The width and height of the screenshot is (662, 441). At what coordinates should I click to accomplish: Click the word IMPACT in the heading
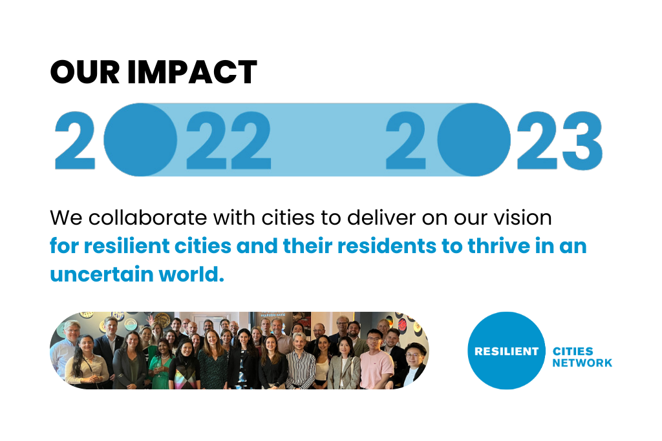(x=192, y=72)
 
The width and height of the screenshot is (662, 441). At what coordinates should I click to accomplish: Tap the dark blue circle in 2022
(x=140, y=139)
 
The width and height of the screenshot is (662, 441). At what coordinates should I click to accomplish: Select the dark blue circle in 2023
(x=474, y=139)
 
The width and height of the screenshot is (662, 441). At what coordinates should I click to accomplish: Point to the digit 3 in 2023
(x=582, y=140)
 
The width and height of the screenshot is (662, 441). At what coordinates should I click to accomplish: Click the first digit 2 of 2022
(x=75, y=140)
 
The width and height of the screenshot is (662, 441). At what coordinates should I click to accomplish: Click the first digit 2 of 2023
(x=405, y=140)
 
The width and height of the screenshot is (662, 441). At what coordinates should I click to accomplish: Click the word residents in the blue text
(x=387, y=246)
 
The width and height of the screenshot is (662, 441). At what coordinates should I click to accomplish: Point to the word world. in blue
(x=191, y=274)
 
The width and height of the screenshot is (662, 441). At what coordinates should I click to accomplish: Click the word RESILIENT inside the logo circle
(x=506, y=351)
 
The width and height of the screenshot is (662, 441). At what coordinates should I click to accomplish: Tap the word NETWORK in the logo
(x=582, y=363)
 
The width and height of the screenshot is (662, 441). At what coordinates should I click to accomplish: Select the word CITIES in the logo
(x=573, y=351)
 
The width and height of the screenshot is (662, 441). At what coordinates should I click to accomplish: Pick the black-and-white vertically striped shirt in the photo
(x=300, y=369)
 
